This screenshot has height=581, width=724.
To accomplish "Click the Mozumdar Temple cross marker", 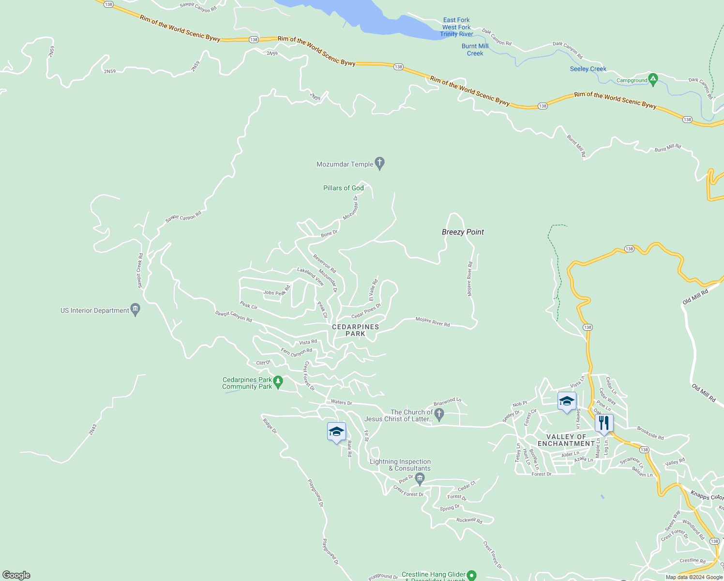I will (380, 164).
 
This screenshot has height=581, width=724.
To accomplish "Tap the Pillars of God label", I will (343, 188).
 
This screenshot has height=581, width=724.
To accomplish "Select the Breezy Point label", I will (463, 232).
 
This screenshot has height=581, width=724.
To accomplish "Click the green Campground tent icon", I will (653, 79).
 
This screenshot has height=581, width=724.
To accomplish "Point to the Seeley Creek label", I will (588, 69).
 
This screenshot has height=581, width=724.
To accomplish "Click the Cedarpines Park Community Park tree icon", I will (278, 382).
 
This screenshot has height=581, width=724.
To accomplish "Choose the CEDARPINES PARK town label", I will (355, 330).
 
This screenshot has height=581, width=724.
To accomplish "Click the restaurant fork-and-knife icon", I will (603, 423).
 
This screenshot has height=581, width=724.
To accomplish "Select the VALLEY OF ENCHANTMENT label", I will (566, 440).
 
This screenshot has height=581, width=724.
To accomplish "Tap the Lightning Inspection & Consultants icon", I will (420, 479).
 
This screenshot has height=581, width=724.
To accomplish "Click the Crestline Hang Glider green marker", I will (472, 575).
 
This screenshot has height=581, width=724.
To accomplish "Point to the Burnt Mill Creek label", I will (475, 50).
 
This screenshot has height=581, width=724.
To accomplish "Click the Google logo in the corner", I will (16, 575).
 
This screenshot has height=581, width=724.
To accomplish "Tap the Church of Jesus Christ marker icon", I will (439, 414).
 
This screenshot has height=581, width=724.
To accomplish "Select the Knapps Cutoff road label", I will (707, 496).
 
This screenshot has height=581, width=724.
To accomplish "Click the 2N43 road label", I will (93, 429).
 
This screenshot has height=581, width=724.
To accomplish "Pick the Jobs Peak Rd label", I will (277, 291).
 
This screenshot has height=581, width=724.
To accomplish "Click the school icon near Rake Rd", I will (336, 431).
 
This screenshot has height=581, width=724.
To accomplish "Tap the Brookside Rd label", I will (650, 433).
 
